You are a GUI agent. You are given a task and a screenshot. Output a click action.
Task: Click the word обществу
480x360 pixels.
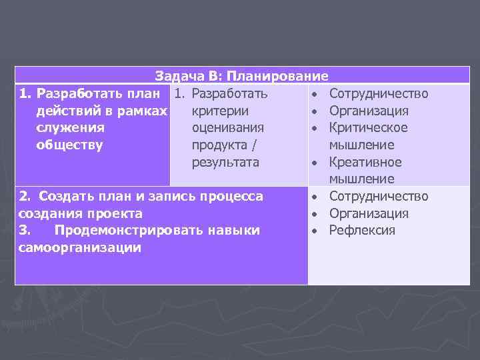pos(70,145)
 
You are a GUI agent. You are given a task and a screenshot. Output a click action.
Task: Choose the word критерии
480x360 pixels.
pos(220,111)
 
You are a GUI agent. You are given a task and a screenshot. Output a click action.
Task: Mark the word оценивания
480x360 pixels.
pos(227,127)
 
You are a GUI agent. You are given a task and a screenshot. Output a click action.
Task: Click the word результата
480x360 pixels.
pos(225,162)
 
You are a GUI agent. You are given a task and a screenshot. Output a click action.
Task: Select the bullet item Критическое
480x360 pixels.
pos(368,127)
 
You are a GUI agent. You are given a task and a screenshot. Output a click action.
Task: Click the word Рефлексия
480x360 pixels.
pos(362,231)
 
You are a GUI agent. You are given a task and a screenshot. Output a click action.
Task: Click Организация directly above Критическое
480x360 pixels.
pos(369,111)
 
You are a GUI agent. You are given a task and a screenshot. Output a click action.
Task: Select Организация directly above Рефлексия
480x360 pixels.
pos(369,213)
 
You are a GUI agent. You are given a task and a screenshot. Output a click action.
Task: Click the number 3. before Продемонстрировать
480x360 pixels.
pos(25,231)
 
